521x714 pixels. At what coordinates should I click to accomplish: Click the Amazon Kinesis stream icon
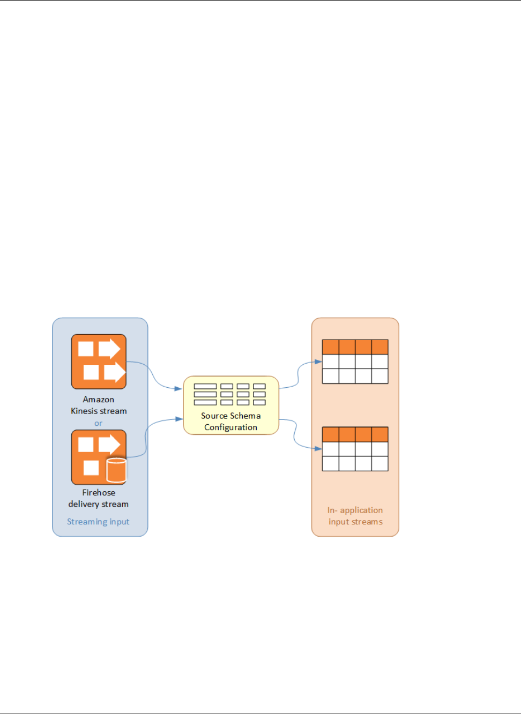tap(99, 362)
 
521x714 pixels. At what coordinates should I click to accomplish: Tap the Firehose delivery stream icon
tap(99, 457)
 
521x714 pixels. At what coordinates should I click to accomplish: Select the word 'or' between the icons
tap(98, 423)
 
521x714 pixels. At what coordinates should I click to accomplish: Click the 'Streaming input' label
tap(98, 522)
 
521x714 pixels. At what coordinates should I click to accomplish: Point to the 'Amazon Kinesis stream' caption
tap(99, 405)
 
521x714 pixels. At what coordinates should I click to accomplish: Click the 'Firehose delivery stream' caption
tap(99, 498)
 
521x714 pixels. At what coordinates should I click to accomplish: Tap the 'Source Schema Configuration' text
tap(231, 422)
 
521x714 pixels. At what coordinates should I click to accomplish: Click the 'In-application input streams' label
tap(355, 516)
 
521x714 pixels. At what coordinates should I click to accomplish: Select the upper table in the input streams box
tap(355, 362)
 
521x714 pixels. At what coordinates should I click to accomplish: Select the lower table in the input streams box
tap(355, 449)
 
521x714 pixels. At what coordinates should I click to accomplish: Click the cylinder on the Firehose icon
tap(116, 470)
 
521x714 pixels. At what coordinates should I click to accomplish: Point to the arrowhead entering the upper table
tap(318, 362)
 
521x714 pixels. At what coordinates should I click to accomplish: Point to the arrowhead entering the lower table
tap(318, 449)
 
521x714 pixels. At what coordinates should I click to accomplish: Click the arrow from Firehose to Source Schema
tap(146, 437)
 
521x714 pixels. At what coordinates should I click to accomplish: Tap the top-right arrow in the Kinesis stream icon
tap(109, 349)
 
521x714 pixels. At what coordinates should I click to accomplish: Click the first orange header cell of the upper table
tap(331, 347)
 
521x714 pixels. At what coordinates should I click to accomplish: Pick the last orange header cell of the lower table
tap(379, 434)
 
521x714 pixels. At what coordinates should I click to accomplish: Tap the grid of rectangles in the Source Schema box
tap(230, 394)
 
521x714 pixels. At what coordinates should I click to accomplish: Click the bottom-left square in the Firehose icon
tap(91, 468)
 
